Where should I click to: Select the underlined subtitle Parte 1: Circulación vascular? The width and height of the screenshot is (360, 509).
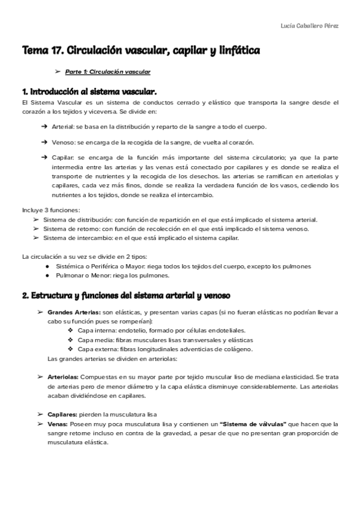pos(107,72)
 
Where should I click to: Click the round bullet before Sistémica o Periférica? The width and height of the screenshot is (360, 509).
pos(47,266)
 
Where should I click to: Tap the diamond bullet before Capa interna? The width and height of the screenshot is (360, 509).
pos(71,331)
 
